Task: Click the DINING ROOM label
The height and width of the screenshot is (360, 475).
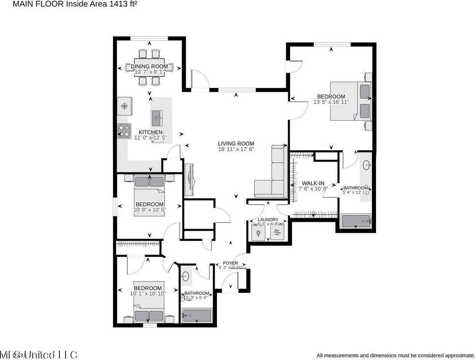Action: point(149,66)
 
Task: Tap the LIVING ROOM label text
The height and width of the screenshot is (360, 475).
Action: point(236,143)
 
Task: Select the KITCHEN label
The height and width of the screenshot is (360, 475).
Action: point(150,132)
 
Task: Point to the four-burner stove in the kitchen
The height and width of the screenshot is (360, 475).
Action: point(124,131)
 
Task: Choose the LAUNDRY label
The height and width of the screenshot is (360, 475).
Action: point(268,220)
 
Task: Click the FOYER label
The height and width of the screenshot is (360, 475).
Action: point(230,263)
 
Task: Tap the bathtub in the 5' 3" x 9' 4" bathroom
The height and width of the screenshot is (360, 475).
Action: point(196,315)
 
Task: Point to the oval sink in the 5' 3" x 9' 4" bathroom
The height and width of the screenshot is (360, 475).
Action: point(185,277)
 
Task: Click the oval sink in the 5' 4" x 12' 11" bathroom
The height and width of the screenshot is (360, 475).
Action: point(366,165)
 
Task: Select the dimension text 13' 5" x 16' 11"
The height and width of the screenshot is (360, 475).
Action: point(331,102)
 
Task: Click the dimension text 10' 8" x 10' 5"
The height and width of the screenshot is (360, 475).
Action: point(150,209)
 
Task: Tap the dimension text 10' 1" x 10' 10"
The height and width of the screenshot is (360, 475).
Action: point(147,293)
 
